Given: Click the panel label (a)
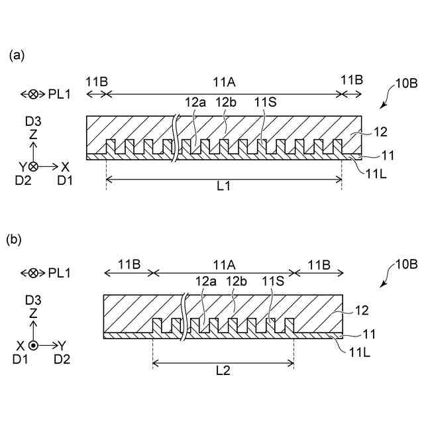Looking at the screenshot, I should tap(17, 56).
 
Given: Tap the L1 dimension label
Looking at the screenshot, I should tap(224, 187).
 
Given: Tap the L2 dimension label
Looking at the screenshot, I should tap(223, 371).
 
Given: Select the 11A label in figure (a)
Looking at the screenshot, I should tap(225, 81).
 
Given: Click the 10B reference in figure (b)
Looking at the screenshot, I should tap(405, 264).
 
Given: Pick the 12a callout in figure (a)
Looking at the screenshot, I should tap(195, 103).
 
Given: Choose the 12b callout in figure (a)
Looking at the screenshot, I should tap(225, 103).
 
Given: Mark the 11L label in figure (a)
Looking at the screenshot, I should tap(376, 173).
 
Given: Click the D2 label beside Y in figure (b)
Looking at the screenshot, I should tap(62, 359).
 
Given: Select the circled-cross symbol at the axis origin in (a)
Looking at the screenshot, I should tap(33, 166).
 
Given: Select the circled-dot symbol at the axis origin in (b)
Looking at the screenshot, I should tap(34, 345).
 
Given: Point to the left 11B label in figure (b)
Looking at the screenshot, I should tap(129, 263).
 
